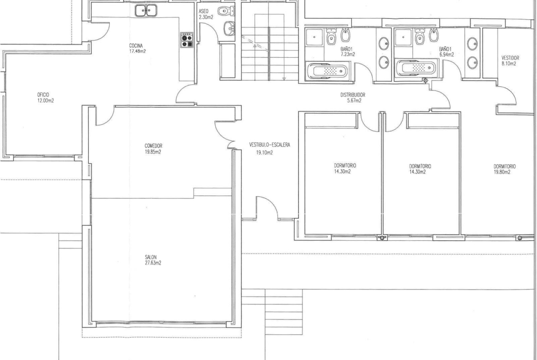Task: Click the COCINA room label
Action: [x=136, y=46]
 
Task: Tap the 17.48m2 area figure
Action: [x=137, y=52]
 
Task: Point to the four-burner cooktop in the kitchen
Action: [x=187, y=40]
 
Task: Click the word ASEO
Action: [x=203, y=11]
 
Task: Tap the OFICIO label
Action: [x=43, y=95]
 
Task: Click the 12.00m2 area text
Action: [x=45, y=100]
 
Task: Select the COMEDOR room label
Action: [x=153, y=146]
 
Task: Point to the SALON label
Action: [x=151, y=257]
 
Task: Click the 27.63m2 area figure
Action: [x=153, y=263]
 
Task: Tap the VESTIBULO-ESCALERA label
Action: [x=269, y=145]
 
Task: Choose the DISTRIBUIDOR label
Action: [x=353, y=95]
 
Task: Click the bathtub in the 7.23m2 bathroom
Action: [x=327, y=71]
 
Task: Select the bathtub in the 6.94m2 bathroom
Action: [x=415, y=67]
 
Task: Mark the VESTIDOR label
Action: [x=510, y=58]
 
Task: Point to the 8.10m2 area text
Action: [x=509, y=64]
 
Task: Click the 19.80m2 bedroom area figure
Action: [x=502, y=172]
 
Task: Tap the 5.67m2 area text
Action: [x=354, y=100]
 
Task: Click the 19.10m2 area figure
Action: [x=265, y=153]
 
